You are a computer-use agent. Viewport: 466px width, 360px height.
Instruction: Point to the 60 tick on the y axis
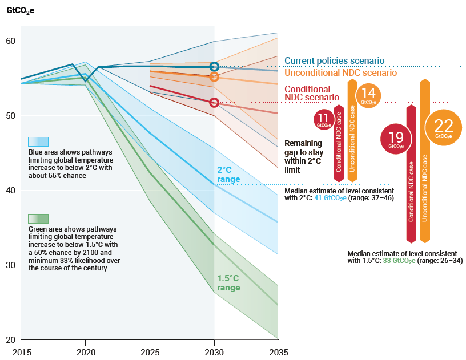tap(10, 41)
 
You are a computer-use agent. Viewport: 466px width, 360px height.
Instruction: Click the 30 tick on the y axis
tap(10, 265)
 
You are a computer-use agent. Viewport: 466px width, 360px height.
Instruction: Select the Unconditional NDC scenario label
tap(340, 73)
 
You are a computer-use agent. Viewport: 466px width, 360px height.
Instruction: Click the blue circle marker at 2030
tap(214, 67)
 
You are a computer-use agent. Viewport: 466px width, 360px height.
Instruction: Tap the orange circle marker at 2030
tap(214, 76)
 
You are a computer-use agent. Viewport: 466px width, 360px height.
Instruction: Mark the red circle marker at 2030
tap(214, 103)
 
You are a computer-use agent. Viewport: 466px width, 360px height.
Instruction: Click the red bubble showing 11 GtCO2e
tap(323, 119)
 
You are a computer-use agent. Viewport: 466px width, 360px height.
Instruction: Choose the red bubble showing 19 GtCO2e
tap(396, 138)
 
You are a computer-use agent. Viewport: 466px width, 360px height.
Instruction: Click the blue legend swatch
tap(38, 142)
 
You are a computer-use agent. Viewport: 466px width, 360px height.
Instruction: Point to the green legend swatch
tap(38, 219)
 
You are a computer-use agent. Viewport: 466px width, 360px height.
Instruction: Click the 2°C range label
tap(228, 175)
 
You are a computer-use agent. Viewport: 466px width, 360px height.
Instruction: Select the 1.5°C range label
tap(228, 283)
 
